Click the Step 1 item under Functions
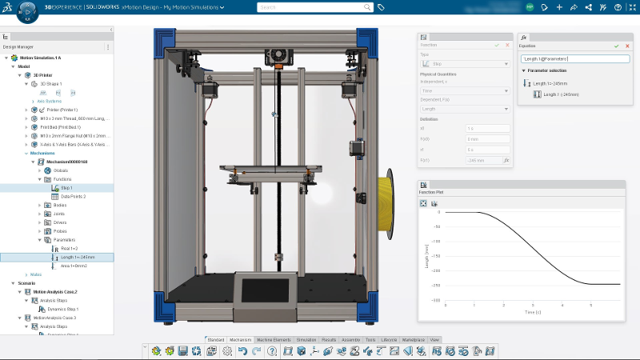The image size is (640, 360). (x=68, y=188)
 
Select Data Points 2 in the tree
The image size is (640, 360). (x=73, y=196)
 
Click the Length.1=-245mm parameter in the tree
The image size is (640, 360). (x=78, y=257)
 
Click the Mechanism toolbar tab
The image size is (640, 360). (x=241, y=340)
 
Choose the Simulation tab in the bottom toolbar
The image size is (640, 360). (x=306, y=340)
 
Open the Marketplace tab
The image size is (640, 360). (x=413, y=340)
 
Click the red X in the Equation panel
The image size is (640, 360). (x=626, y=46)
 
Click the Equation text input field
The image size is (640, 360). (x=574, y=58)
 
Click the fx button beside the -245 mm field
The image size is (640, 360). (x=506, y=161)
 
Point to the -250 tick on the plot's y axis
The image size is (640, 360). (x=437, y=285)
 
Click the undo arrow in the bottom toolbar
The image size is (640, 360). (x=243, y=351)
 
